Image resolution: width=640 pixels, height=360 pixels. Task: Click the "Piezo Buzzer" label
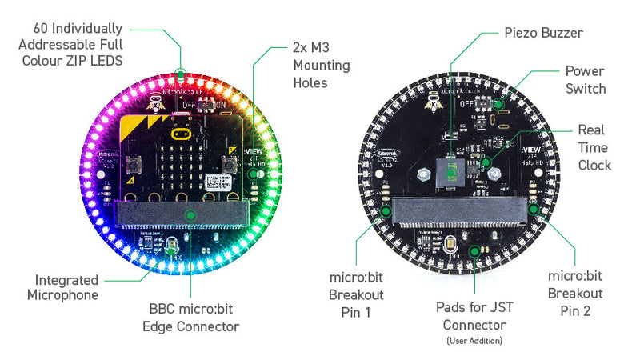coord(544,33)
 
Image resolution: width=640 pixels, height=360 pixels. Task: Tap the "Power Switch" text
coord(586,80)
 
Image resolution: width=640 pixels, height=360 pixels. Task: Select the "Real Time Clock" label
coord(594,147)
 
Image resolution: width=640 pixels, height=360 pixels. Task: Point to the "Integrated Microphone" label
coord(66,287)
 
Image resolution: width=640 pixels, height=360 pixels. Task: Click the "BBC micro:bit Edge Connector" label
coord(190,318)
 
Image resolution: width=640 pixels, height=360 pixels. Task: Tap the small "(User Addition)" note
coord(474,342)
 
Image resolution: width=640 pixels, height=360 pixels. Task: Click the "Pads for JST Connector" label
coord(474,316)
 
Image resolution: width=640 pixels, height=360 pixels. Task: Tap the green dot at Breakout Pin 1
coord(386,212)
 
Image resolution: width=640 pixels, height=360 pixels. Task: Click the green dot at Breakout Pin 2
coord(534,210)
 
